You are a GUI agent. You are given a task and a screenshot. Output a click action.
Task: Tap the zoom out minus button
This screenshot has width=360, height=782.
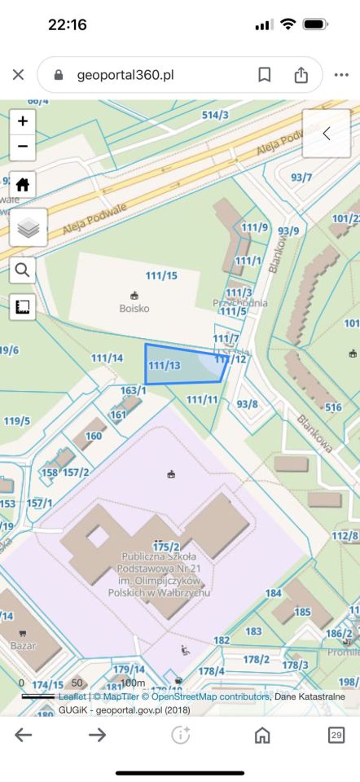coord(22,147)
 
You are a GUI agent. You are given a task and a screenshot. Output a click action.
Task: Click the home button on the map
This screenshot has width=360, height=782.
coord(22,185)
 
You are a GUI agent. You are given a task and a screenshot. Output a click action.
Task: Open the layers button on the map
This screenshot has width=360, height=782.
coord(28,227)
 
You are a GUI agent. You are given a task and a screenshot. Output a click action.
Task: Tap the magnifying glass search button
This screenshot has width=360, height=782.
coord(22,270)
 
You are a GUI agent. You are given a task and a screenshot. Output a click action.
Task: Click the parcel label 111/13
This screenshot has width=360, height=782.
coord(165,365)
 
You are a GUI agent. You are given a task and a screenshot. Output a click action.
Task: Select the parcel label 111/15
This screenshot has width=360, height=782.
coord(160,276)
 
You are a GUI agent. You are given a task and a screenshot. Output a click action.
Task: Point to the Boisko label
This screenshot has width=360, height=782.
coord(134,309)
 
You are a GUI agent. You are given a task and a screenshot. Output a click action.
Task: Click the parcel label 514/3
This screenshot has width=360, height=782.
coord(215,116)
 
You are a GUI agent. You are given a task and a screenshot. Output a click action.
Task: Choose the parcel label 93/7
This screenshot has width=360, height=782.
coord(301,177)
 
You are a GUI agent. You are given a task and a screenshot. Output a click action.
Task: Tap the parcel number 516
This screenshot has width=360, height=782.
coord(333,407)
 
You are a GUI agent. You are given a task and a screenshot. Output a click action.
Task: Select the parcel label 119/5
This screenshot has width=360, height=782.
coord(16,421)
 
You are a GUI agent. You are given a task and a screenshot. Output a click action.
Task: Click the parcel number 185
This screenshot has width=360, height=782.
coord(303,612)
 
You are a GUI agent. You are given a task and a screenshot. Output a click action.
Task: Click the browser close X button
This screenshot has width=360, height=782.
coord(19,75)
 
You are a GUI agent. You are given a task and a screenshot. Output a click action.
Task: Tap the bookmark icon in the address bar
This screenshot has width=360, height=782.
coord(265,75)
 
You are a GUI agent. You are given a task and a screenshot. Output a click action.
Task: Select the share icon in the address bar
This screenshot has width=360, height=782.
coord(301,75)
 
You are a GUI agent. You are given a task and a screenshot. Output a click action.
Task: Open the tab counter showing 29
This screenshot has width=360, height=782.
coord(336,735)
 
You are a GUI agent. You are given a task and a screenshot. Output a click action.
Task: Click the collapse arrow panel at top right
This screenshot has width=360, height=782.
coord(327,134)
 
